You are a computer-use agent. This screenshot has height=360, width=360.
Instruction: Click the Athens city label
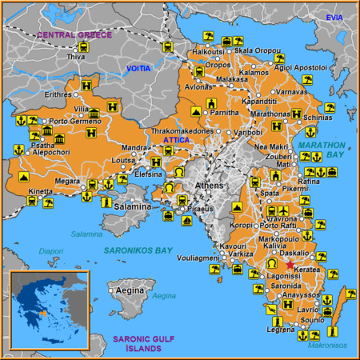click(210, 186)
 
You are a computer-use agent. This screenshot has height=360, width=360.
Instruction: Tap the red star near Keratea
click(290, 265)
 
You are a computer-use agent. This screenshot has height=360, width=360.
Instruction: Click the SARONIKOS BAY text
click(138, 250)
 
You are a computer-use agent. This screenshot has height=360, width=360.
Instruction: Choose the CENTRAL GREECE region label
click(74, 35)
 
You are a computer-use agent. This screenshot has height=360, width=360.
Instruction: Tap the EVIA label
click(334, 18)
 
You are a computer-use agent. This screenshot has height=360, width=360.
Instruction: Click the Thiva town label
click(76, 58)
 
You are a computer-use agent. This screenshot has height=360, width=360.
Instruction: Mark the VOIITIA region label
click(138, 70)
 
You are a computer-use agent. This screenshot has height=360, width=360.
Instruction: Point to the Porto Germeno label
click(77, 121)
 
